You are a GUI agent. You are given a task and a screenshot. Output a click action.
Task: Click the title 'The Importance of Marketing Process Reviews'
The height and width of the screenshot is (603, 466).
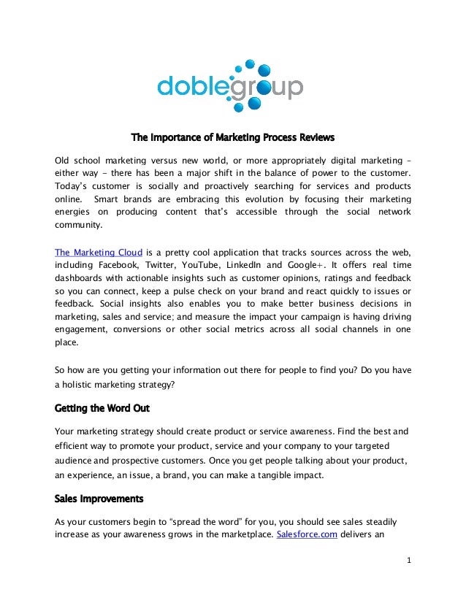coord(232,137)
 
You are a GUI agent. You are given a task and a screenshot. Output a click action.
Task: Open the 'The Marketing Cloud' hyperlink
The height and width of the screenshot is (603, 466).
coord(99,253)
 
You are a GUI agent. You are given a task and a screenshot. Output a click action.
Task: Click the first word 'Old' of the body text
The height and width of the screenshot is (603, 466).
coord(64,160)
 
